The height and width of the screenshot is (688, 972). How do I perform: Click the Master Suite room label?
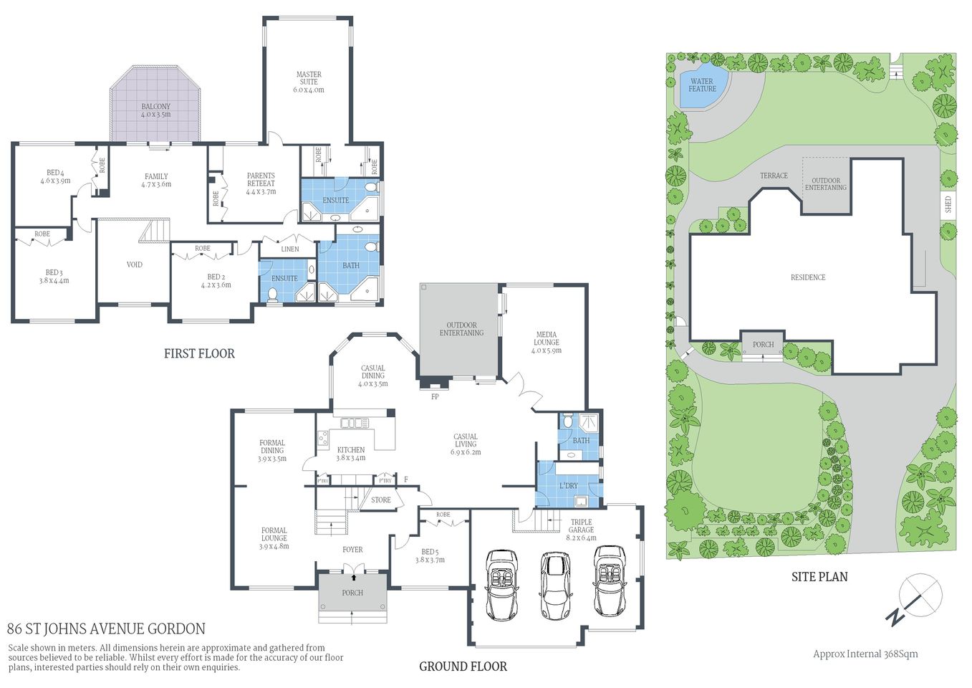[x=309, y=78]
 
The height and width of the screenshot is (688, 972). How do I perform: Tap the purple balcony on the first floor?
[x=155, y=107]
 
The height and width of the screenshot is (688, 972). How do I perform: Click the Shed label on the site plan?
[x=948, y=204]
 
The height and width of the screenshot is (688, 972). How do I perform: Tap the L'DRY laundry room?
[x=569, y=486]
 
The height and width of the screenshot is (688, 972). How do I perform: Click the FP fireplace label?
[x=434, y=396]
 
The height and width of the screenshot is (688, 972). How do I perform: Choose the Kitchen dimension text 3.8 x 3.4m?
[x=351, y=458]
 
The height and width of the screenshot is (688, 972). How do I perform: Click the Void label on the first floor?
[x=134, y=264]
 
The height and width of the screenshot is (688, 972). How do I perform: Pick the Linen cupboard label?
[x=290, y=249]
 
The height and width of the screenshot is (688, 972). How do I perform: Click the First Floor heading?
[x=199, y=353]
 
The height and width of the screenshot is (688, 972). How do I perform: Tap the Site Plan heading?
[x=819, y=576]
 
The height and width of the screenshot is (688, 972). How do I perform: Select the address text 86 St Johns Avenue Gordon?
[x=106, y=629]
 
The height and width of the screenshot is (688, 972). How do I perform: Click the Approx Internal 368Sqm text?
[x=865, y=654]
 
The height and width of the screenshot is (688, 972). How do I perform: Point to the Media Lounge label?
[x=546, y=338]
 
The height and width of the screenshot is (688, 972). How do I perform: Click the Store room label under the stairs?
[x=381, y=500]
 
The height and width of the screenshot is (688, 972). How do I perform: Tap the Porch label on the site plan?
[x=763, y=345]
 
